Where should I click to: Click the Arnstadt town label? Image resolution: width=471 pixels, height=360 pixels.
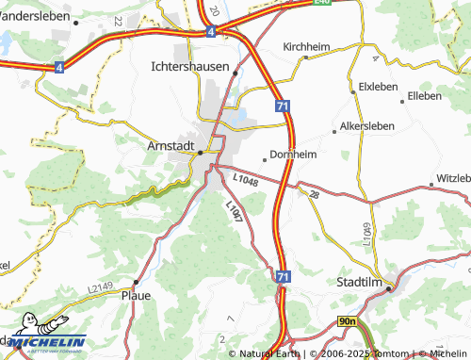[x=171, y=146]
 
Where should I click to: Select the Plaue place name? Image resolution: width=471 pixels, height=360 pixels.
[x=137, y=294]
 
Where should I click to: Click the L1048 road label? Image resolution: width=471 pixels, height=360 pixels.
[x=243, y=177]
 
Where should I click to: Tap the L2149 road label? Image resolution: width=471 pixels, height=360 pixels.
[x=100, y=274]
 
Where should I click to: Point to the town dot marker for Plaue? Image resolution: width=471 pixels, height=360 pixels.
[x=137, y=281]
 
